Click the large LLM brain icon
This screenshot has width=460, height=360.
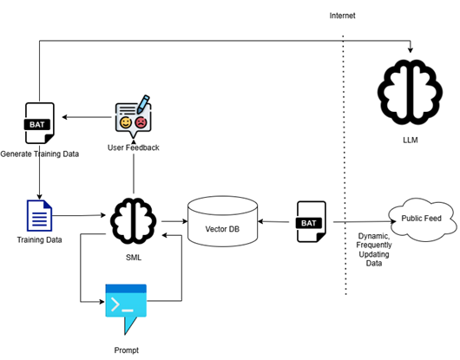pyautogui.click(x=410, y=92)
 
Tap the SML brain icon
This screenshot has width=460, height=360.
pyautogui.click(x=134, y=221)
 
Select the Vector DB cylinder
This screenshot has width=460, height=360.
pyautogui.click(x=223, y=221)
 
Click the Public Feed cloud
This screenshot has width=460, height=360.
pyautogui.click(x=423, y=219)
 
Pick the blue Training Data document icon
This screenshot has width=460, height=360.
pyautogui.click(x=40, y=215)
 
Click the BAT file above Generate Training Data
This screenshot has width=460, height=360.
pyautogui.click(x=39, y=123)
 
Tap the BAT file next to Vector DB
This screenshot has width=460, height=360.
pyautogui.click(x=312, y=221)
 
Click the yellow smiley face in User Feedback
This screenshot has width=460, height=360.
pyautogui.click(x=126, y=122)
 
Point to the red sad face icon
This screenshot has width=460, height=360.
pyautogui.click(x=141, y=122)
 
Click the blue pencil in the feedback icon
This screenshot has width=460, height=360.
pyautogui.click(x=143, y=104)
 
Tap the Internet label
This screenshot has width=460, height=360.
pyautogui.click(x=342, y=16)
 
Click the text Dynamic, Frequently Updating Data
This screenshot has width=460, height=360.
pyautogui.click(x=374, y=250)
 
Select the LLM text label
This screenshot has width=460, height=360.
pyautogui.click(x=411, y=141)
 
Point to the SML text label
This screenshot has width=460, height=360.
pyautogui.click(x=134, y=258)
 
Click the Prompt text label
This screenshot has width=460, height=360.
pyautogui.click(x=127, y=350)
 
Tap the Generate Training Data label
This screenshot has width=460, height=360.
pyautogui.click(x=40, y=154)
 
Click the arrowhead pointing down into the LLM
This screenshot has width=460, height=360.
pyautogui.click(x=411, y=50)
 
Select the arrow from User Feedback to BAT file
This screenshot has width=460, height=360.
pyautogui.click(x=87, y=117)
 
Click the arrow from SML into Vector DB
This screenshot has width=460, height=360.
pyautogui.click(x=174, y=221)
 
